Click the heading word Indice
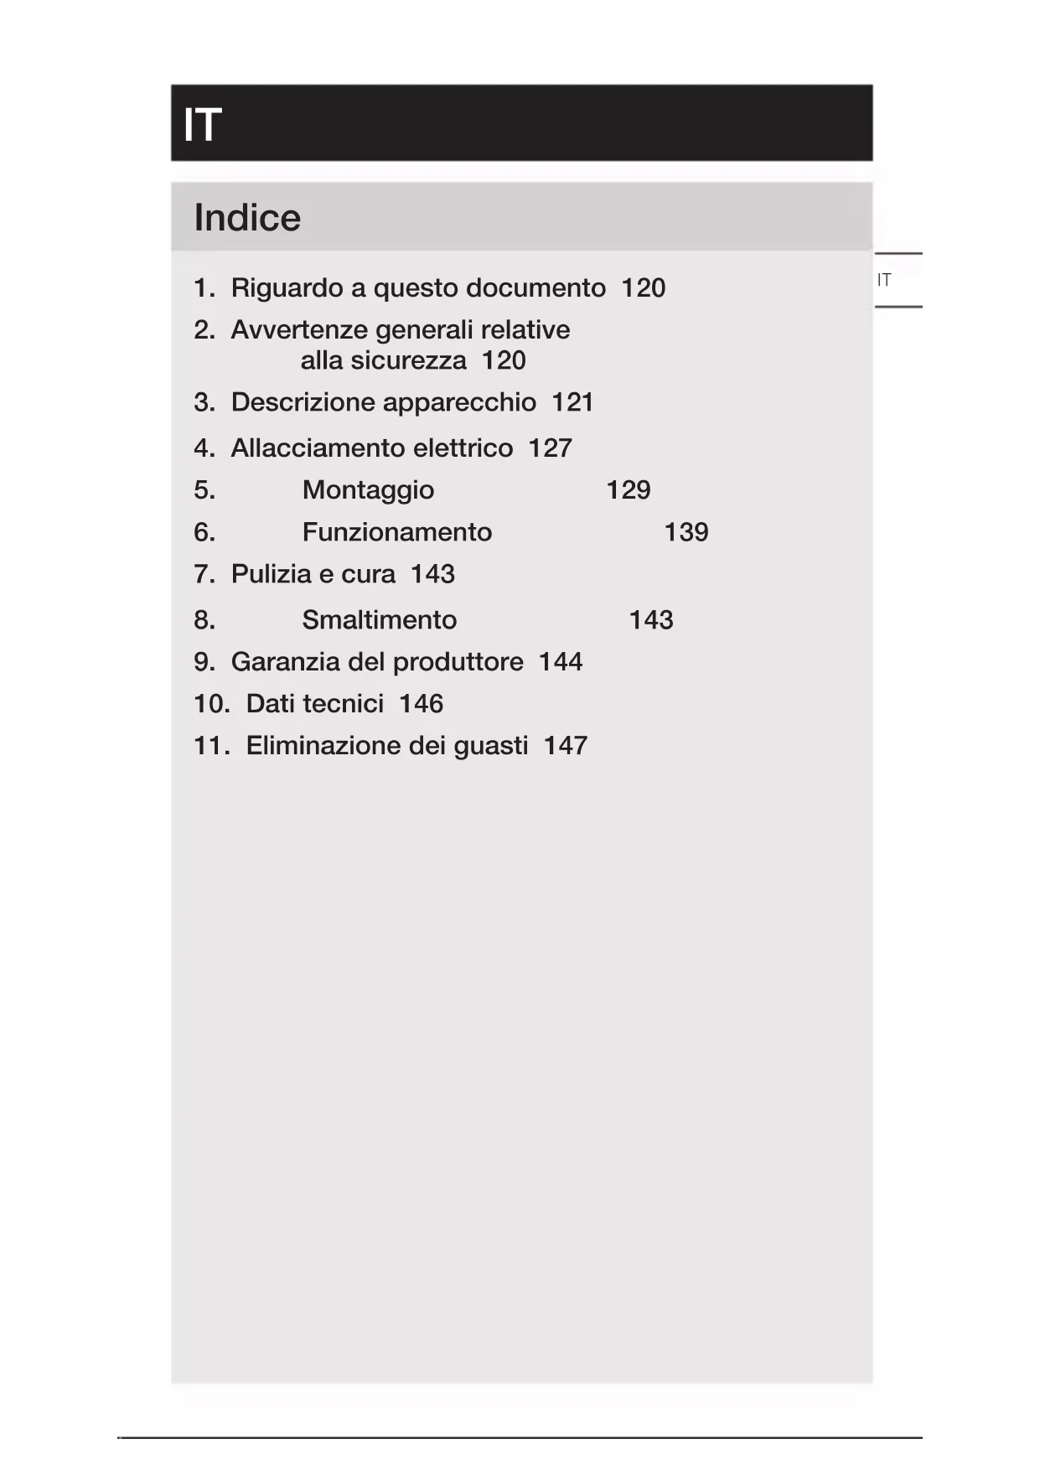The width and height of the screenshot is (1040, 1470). click(x=247, y=218)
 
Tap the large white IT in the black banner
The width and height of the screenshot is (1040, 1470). click(x=202, y=125)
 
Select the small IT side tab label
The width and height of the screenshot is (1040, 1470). click(x=884, y=280)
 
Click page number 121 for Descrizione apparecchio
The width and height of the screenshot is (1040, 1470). click(x=572, y=402)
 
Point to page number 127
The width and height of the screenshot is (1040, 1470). click(x=550, y=448)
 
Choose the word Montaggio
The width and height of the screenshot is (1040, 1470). click(x=368, y=490)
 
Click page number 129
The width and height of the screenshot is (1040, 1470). click(x=628, y=490)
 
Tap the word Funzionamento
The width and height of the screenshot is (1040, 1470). click(x=396, y=532)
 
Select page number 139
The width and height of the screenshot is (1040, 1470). click(x=686, y=532)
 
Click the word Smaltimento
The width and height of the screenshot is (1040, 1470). click(x=379, y=620)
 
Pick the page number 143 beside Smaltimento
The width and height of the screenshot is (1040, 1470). click(x=650, y=620)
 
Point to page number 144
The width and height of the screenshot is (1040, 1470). click(x=560, y=662)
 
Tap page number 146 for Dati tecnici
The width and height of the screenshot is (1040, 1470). click(x=421, y=704)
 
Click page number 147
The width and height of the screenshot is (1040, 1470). click(x=565, y=746)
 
